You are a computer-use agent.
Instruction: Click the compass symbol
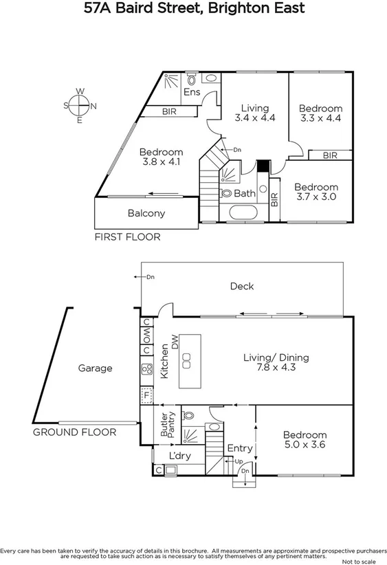[80, 105]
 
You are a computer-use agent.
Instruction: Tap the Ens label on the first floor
[192, 92]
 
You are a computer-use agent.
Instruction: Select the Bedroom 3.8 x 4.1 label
[162, 157]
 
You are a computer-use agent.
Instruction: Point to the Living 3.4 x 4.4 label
[254, 113]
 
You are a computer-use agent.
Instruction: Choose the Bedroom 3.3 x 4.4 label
[320, 113]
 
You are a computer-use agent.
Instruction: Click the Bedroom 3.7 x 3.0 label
[316, 192]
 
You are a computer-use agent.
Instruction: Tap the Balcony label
[146, 213]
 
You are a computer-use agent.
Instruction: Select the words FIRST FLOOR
[127, 237]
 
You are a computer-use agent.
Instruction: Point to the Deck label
[242, 286]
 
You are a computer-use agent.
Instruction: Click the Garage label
[95, 368]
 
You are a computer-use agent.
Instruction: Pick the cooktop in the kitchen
[146, 369]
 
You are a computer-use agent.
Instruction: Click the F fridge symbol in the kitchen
[146, 395]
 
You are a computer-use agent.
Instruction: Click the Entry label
[240, 448]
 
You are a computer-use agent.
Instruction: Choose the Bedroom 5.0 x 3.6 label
[305, 440]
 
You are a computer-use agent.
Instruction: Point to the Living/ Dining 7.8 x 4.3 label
[276, 363]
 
